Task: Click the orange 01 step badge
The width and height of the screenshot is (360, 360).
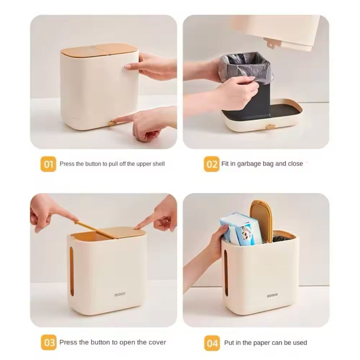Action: click(48, 164)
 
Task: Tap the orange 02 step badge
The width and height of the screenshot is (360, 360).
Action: click(211, 164)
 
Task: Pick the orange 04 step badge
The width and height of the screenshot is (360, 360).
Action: click(212, 343)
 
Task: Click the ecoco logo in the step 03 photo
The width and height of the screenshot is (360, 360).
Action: click(120, 294)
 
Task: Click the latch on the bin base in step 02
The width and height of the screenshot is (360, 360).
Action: click(270, 127)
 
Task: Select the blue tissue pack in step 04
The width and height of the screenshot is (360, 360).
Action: click(239, 229)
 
